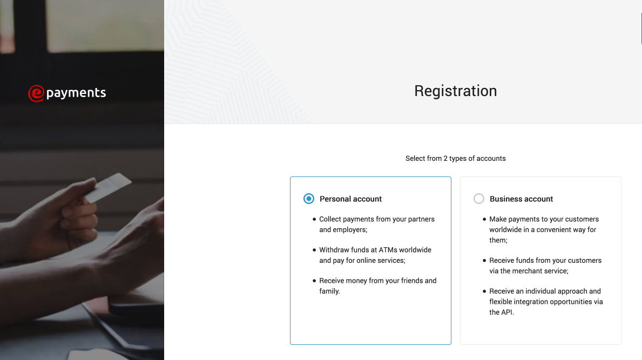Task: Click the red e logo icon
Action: pos(36,93)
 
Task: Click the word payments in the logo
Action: pos(76,93)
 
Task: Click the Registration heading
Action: pos(455,91)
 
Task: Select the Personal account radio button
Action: pos(308,199)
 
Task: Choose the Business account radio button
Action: pos(478,199)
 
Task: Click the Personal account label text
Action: pos(350,199)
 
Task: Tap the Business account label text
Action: pos(521,199)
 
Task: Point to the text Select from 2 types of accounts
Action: pos(455,159)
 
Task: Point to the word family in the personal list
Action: pos(329,291)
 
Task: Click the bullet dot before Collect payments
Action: pos(314,220)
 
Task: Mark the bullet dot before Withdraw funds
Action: pos(314,250)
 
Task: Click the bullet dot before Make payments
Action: pos(484,220)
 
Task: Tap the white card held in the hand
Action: pos(107,188)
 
